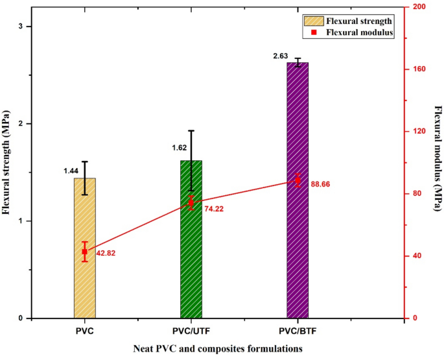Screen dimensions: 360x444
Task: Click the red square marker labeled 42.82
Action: point(84,252)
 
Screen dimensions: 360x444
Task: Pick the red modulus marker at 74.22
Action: point(191,203)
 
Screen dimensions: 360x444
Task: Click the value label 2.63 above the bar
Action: point(281,57)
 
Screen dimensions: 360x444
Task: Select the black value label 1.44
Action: point(71,171)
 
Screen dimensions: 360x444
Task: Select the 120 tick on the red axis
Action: point(417,131)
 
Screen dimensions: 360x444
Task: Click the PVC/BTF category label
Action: point(298,331)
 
